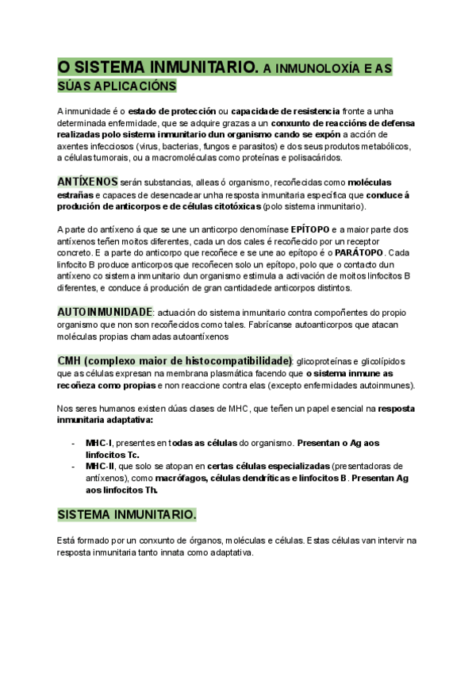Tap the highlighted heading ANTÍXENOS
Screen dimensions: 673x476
pos(87,181)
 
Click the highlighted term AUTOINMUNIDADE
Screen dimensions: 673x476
pos(105,312)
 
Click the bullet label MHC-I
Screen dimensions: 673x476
pos(98,443)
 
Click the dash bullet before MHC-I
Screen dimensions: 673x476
pos(73,443)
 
